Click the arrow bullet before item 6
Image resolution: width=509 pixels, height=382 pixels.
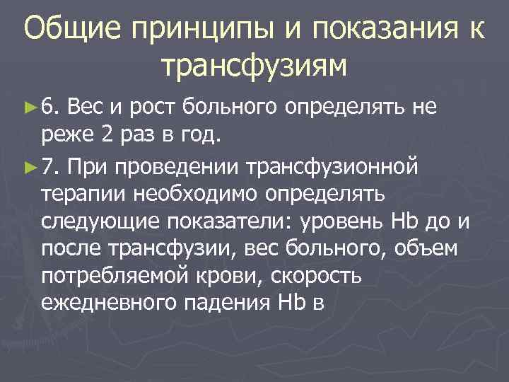tap(29, 108)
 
